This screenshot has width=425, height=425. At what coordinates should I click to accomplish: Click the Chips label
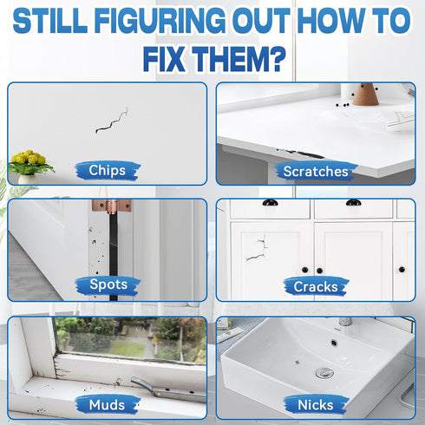pyautogui.click(x=108, y=170)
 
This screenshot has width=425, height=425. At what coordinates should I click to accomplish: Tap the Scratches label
pyautogui.click(x=316, y=172)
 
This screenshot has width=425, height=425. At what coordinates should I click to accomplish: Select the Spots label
pyautogui.click(x=108, y=284)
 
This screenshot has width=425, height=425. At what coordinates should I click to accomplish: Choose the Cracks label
pyautogui.click(x=316, y=287)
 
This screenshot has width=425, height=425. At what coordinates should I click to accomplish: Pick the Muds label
pyautogui.click(x=107, y=405)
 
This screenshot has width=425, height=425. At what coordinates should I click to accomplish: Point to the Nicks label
pyautogui.click(x=316, y=405)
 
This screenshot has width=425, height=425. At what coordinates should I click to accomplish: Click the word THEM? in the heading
pyautogui.click(x=239, y=60)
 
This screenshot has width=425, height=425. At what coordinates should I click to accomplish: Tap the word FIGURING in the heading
pyautogui.click(x=160, y=21)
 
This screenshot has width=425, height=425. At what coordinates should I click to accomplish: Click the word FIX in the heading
pyautogui.click(x=164, y=60)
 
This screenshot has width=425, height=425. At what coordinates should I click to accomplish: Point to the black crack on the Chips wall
pyautogui.click(x=111, y=121)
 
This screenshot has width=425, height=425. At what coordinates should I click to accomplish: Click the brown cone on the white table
pyautogui.click(x=365, y=95)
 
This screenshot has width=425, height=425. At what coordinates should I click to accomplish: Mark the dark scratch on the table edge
pyautogui.click(x=301, y=154)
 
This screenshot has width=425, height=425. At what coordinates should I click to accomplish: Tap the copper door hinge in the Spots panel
pyautogui.click(x=112, y=206)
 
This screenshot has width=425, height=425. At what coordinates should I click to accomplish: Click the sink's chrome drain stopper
pyautogui.click(x=324, y=373)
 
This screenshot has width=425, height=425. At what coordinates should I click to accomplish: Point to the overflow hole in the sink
pyautogui.click(x=334, y=343)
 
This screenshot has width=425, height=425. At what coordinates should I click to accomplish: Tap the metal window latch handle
pyautogui.click(x=167, y=390)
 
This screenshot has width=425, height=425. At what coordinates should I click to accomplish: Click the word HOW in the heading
pyautogui.click(x=330, y=21)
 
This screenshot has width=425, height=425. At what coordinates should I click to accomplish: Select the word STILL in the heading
pyautogui.click(x=50, y=21)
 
